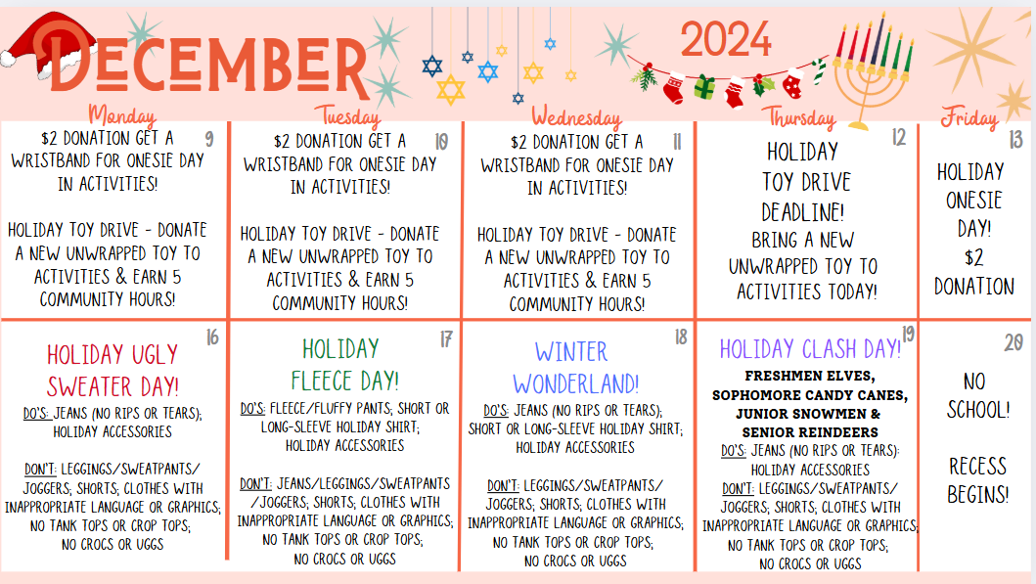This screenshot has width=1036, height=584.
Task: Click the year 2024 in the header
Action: tap(726, 40)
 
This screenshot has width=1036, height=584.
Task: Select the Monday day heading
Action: tap(122, 115)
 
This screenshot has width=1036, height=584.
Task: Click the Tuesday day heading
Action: tap(347, 116)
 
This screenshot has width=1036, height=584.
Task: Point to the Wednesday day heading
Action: tap(577, 117)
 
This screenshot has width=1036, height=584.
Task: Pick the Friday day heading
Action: tap(969, 117)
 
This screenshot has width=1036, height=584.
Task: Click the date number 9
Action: tap(209, 139)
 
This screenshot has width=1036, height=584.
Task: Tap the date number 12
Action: tap(899, 137)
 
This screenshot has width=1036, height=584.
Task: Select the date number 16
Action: tap(212, 337)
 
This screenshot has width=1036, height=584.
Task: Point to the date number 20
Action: tap(1013, 342)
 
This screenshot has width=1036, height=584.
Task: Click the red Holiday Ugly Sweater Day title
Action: tap(113, 371)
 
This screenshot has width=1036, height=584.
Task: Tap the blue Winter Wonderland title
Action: tap(575, 368)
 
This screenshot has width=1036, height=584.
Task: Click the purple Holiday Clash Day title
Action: tap(810, 349)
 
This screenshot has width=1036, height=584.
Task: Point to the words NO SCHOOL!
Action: tap(978, 396)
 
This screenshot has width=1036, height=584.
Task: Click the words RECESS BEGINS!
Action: tap(978, 480)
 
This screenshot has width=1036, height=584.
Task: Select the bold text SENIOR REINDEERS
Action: tap(810, 432)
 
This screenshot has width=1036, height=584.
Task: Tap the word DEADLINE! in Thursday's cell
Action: tap(803, 212)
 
